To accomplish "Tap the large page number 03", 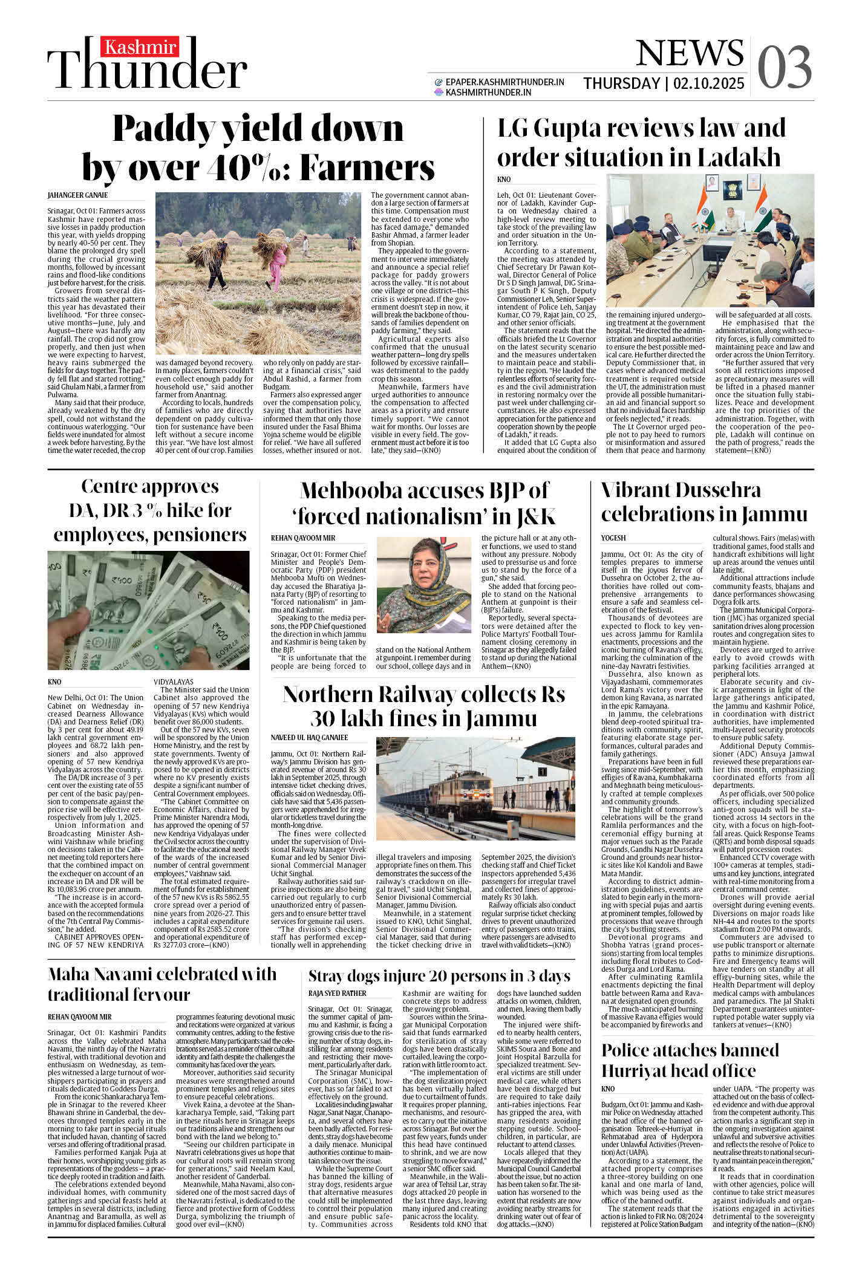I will (784, 67).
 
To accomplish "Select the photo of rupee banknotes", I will (148, 610).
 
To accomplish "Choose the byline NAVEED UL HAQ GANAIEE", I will (309, 738).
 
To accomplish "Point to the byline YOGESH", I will (613, 538).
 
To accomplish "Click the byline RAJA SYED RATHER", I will (337, 993).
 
